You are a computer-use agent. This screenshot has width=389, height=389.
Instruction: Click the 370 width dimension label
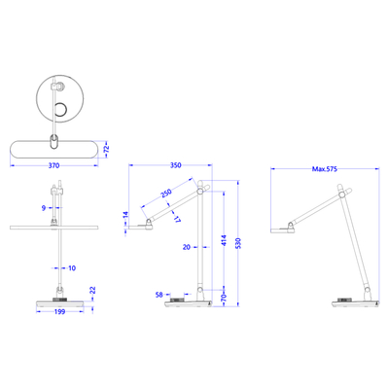[53, 165]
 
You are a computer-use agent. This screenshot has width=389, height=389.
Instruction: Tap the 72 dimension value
[107, 149]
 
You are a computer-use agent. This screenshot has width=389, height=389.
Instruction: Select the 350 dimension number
[175, 165]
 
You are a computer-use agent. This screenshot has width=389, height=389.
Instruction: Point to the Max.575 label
[325, 169]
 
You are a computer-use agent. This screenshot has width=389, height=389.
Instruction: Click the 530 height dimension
[238, 243]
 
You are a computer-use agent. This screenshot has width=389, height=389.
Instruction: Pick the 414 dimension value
[225, 241]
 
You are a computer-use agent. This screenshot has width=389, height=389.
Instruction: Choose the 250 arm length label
[166, 194]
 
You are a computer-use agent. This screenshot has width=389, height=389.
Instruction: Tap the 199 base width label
[59, 311]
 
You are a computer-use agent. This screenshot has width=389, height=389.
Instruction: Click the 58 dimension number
[159, 295]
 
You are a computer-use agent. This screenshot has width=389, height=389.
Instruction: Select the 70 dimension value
[224, 297]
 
